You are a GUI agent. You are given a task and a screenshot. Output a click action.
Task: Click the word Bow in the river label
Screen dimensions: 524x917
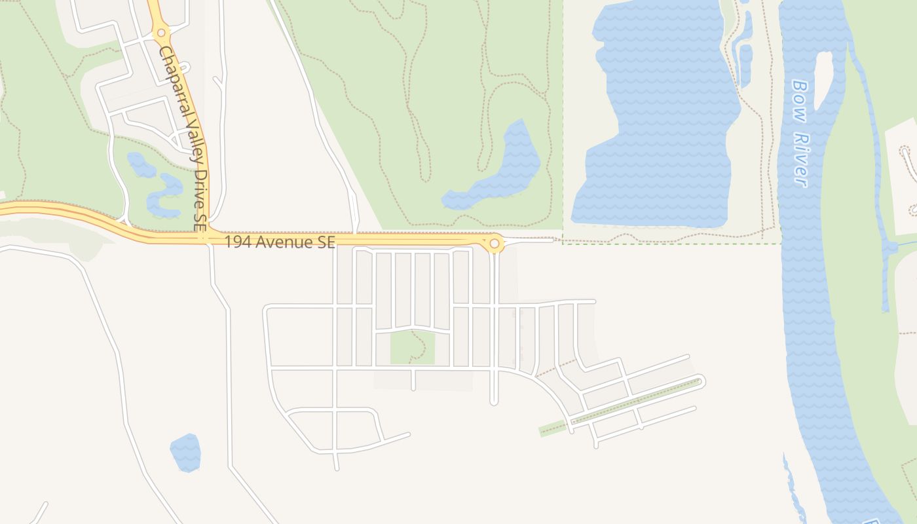tap(798, 96)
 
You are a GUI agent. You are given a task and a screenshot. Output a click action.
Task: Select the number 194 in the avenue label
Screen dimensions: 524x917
tap(236, 242)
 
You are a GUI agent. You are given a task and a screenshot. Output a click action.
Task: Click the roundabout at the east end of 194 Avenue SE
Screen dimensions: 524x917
tap(495, 244)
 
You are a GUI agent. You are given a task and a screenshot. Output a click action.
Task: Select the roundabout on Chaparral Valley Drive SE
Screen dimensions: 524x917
tap(161, 32)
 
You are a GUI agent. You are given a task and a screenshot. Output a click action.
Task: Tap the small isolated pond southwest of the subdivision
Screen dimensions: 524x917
tap(185, 453)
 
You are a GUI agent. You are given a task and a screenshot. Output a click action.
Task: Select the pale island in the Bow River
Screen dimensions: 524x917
tap(823, 79)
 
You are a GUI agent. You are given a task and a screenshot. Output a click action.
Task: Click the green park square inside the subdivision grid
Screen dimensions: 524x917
tap(413, 347)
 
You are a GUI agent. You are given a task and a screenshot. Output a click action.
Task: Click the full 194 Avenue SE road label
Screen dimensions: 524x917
tap(280, 242)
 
